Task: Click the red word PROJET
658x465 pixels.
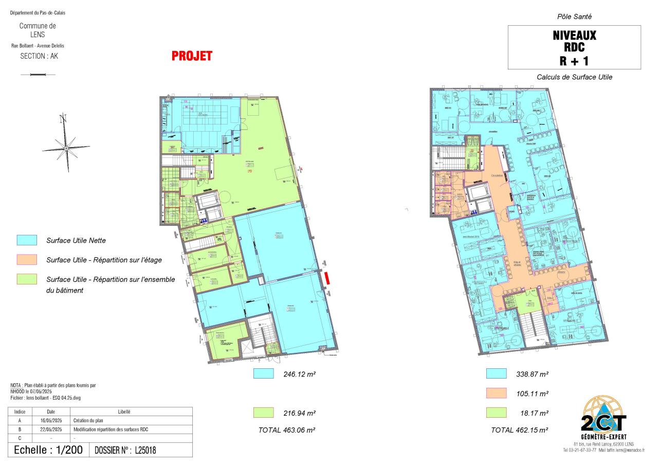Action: point(192,56)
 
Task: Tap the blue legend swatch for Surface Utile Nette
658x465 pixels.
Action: point(27,240)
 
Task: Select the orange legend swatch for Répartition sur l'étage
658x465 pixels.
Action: point(27,260)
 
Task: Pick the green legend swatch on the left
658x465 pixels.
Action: point(27,279)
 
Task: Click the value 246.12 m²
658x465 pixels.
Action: point(299,374)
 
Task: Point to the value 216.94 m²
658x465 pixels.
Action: point(299,413)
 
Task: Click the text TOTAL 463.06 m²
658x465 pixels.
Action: point(286,430)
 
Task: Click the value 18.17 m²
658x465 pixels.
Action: point(534,413)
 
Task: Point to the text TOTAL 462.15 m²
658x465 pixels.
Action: point(519,430)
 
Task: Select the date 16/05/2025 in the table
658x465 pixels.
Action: point(51,420)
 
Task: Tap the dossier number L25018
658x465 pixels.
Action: point(145,450)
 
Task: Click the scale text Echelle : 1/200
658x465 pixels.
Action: point(48,450)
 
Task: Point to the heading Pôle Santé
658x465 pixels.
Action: point(574,17)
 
